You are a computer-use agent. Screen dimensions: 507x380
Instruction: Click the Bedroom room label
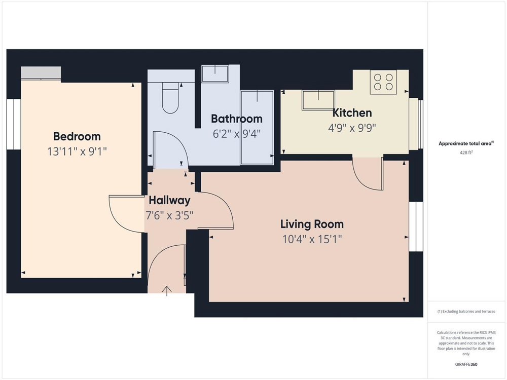(77, 136)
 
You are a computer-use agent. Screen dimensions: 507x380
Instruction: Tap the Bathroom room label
(237, 119)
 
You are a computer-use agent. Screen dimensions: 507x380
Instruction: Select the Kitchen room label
(352, 113)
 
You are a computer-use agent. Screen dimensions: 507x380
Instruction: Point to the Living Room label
(312, 224)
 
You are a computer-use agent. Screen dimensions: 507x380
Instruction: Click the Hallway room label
(169, 200)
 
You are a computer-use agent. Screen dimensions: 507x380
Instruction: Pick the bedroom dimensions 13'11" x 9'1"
(77, 151)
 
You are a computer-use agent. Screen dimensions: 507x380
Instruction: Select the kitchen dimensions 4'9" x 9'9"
(352, 128)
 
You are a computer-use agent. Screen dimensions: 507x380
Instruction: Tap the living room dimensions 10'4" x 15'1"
(312, 240)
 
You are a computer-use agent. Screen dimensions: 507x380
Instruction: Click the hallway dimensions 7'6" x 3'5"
(169, 215)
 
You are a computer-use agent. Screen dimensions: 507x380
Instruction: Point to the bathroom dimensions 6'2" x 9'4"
(237, 133)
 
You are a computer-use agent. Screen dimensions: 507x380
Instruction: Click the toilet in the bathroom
(170, 98)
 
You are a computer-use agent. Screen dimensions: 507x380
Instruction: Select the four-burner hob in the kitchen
(383, 82)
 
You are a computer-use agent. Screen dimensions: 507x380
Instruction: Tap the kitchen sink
(318, 100)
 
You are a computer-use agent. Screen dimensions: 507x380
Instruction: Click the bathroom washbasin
(215, 74)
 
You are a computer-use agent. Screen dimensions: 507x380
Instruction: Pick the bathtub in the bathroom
(257, 128)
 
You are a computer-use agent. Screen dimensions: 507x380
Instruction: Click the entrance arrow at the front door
(167, 291)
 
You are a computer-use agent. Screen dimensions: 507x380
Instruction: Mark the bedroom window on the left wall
(14, 124)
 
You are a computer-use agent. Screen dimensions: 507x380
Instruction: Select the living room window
(416, 226)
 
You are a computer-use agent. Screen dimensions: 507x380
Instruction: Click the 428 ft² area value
(466, 153)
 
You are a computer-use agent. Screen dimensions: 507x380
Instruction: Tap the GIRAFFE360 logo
(466, 364)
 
